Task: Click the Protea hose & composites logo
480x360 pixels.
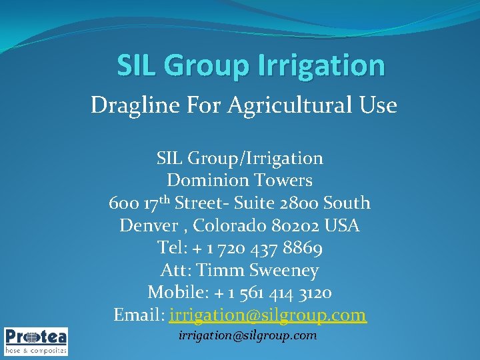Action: coord(36,340)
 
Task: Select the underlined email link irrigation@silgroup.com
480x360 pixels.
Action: coord(268,315)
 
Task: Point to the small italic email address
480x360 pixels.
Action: coord(247,335)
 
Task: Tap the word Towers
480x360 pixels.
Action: coord(281,181)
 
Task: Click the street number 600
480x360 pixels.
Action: coord(123,203)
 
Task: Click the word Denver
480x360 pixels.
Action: coord(145,226)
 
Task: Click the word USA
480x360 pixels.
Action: coord(343,226)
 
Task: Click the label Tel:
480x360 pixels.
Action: coord(172,248)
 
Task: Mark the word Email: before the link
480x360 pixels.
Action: coord(139,315)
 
